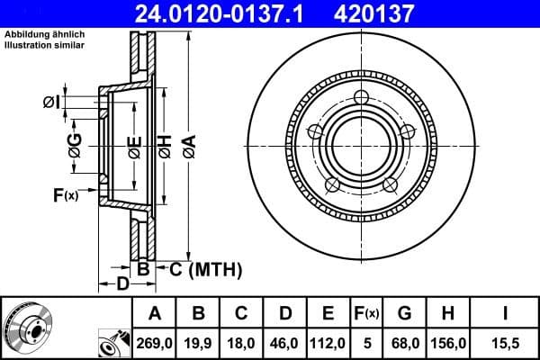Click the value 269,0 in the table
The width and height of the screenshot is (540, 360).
click(156, 344)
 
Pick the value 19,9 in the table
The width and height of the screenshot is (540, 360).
click(198, 344)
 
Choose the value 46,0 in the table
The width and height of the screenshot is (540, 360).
click(284, 344)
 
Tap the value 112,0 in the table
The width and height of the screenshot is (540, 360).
click(328, 344)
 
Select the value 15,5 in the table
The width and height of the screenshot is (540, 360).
click(505, 344)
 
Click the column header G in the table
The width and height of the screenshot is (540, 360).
click(404, 314)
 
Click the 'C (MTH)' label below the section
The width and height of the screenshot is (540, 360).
click(202, 268)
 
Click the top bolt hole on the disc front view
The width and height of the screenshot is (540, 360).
click(362, 97)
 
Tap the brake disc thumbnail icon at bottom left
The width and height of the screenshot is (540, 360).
click(28, 328)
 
